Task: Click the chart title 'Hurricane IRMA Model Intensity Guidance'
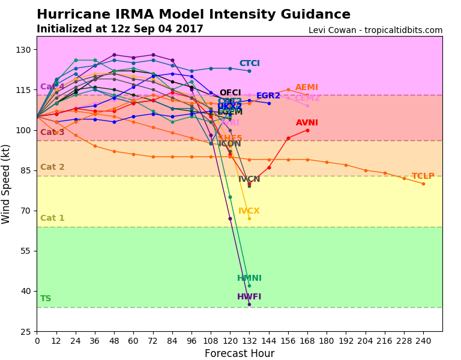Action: pyautogui.click(x=193, y=15)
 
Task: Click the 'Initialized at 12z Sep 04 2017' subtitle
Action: pyautogui.click(x=119, y=29)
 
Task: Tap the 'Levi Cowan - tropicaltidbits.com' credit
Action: pyautogui.click(x=375, y=30)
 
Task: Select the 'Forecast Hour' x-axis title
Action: pyautogui.click(x=239, y=353)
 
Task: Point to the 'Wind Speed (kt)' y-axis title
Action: pyautogui.click(x=7, y=184)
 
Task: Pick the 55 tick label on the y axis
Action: pyautogui.click(x=26, y=251)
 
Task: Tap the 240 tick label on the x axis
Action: pyautogui.click(x=423, y=341)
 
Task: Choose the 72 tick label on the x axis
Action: pyautogui.click(x=153, y=341)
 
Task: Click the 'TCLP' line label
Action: pyautogui.click(x=423, y=176)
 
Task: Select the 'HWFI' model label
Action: pyautogui.click(x=249, y=297)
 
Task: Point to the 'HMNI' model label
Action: pyautogui.click(x=249, y=278)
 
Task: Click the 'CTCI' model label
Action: pyautogui.click(x=249, y=64)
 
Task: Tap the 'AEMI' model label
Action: pyautogui.click(x=307, y=88)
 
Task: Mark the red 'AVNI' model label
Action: pyautogui.click(x=307, y=123)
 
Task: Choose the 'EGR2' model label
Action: pyautogui.click(x=268, y=96)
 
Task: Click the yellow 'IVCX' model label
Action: pyautogui.click(x=249, y=211)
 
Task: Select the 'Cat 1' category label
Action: pyautogui.click(x=52, y=218)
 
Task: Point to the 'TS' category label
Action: pyautogui.click(x=46, y=299)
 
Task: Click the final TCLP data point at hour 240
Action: pyautogui.click(x=423, y=184)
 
